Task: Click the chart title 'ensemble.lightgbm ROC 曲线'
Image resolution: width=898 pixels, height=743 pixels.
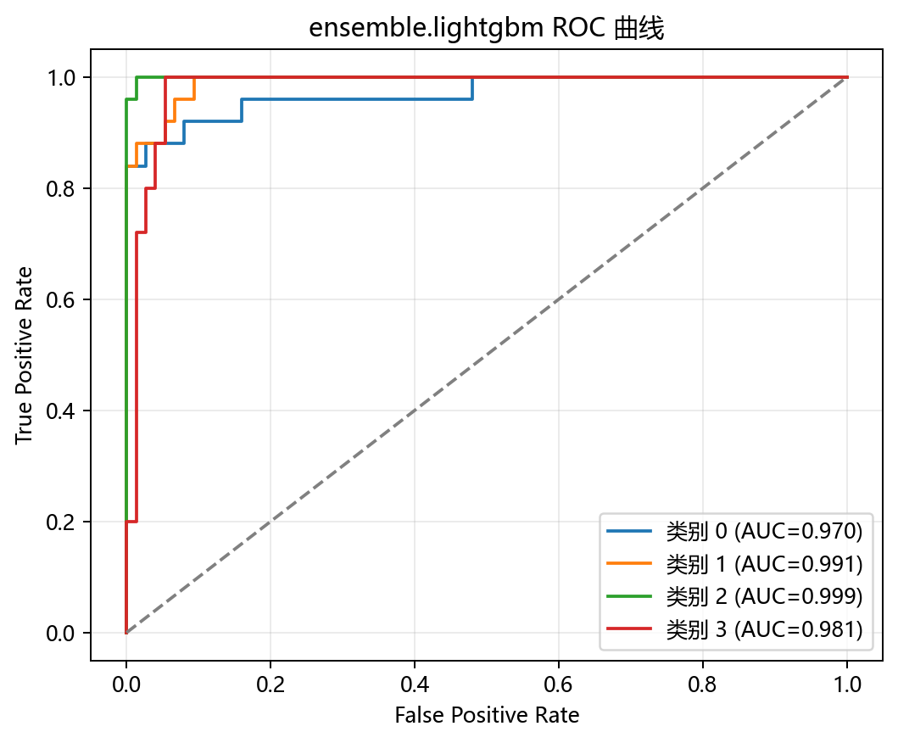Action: pos(486,28)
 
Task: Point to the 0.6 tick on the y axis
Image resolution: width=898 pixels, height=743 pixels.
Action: pos(61,299)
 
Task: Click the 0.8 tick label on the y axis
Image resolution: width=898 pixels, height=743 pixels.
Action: pos(61,188)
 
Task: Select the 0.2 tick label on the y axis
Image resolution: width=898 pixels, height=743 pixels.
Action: pos(61,522)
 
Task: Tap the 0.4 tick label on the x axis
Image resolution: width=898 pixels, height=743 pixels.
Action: pos(414,684)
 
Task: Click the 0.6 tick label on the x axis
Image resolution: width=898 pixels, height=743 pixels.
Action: pos(558,684)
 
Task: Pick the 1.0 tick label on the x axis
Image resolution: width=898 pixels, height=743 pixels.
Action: pos(847,684)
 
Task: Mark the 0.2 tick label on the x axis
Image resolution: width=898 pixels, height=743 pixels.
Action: pos(271,684)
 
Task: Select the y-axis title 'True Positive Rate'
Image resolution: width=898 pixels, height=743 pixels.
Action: pos(24,355)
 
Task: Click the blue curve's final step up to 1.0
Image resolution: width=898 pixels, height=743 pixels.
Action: pos(472,88)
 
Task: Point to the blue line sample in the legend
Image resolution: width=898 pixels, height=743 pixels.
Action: pos(629,531)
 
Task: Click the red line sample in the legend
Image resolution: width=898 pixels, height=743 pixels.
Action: pos(629,629)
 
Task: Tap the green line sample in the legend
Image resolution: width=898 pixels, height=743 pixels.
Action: pos(629,596)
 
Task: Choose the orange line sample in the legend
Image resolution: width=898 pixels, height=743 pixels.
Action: pos(629,564)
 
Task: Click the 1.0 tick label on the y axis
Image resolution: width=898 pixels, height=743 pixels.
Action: pos(61,77)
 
